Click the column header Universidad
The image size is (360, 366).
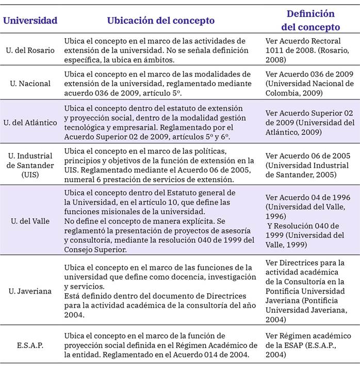click(x=30, y=21)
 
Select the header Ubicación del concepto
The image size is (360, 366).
click(x=160, y=21)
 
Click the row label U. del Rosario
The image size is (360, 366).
click(x=30, y=50)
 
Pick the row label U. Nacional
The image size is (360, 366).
click(x=30, y=83)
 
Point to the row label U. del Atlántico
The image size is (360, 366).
click(x=30, y=122)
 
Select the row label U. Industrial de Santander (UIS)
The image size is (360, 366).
click(x=30, y=165)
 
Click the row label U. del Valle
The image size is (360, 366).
click(x=30, y=221)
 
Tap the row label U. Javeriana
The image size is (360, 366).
click(x=30, y=291)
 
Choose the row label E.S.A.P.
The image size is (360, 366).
click(x=30, y=344)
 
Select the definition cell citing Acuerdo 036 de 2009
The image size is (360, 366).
click(x=309, y=83)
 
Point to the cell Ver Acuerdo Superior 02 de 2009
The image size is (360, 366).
click(x=309, y=122)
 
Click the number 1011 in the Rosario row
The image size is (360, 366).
click(x=274, y=50)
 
